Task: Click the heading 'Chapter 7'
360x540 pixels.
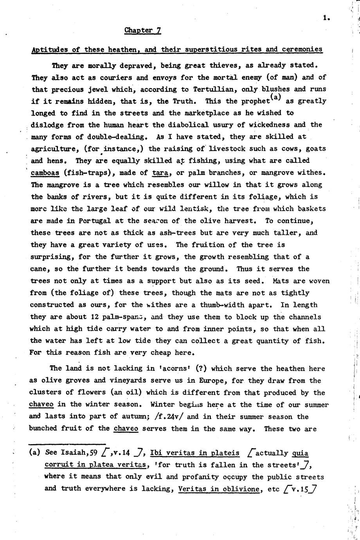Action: pos(142,30)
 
